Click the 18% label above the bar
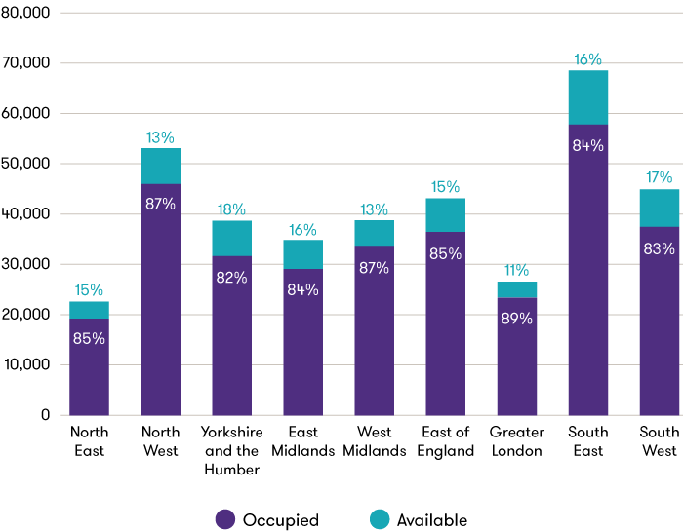(231, 209)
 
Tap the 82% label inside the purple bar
(231, 278)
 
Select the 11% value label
(516, 271)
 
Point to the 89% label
(516, 319)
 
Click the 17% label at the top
(659, 178)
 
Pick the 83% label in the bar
(659, 249)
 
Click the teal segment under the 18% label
(231, 239)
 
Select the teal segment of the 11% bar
(516, 289)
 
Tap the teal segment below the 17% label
(659, 209)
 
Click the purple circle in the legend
(225, 519)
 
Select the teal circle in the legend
(380, 519)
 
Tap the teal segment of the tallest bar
(587, 97)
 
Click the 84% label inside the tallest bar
(587, 146)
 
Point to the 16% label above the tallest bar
(587, 59)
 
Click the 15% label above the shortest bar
(89, 290)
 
